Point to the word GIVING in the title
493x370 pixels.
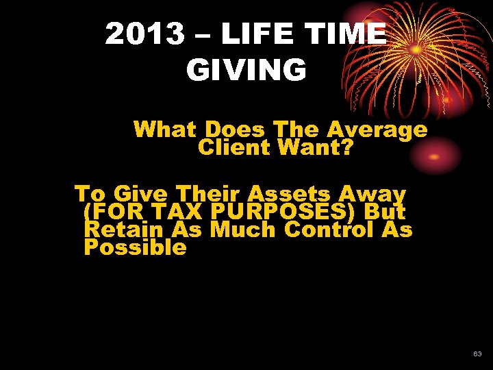[x=246, y=70]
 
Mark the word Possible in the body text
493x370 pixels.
[x=135, y=247]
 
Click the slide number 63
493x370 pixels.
[x=477, y=354]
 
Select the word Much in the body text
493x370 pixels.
[x=243, y=230]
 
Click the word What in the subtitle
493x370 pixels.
[x=166, y=129]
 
